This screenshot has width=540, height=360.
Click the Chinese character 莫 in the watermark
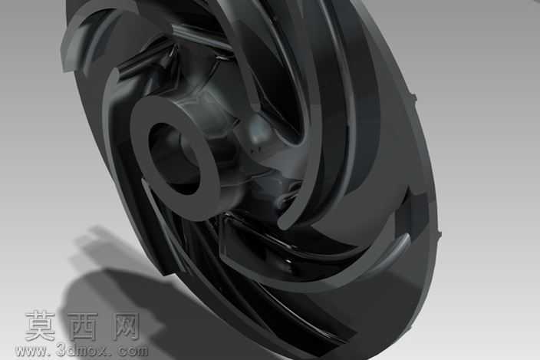[41, 325]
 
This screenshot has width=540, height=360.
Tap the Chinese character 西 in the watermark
[83, 326]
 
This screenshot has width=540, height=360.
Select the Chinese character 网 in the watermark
[126, 326]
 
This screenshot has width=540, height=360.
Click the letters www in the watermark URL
[31, 351]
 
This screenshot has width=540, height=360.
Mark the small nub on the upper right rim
[413, 97]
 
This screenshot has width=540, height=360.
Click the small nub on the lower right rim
[440, 234]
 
